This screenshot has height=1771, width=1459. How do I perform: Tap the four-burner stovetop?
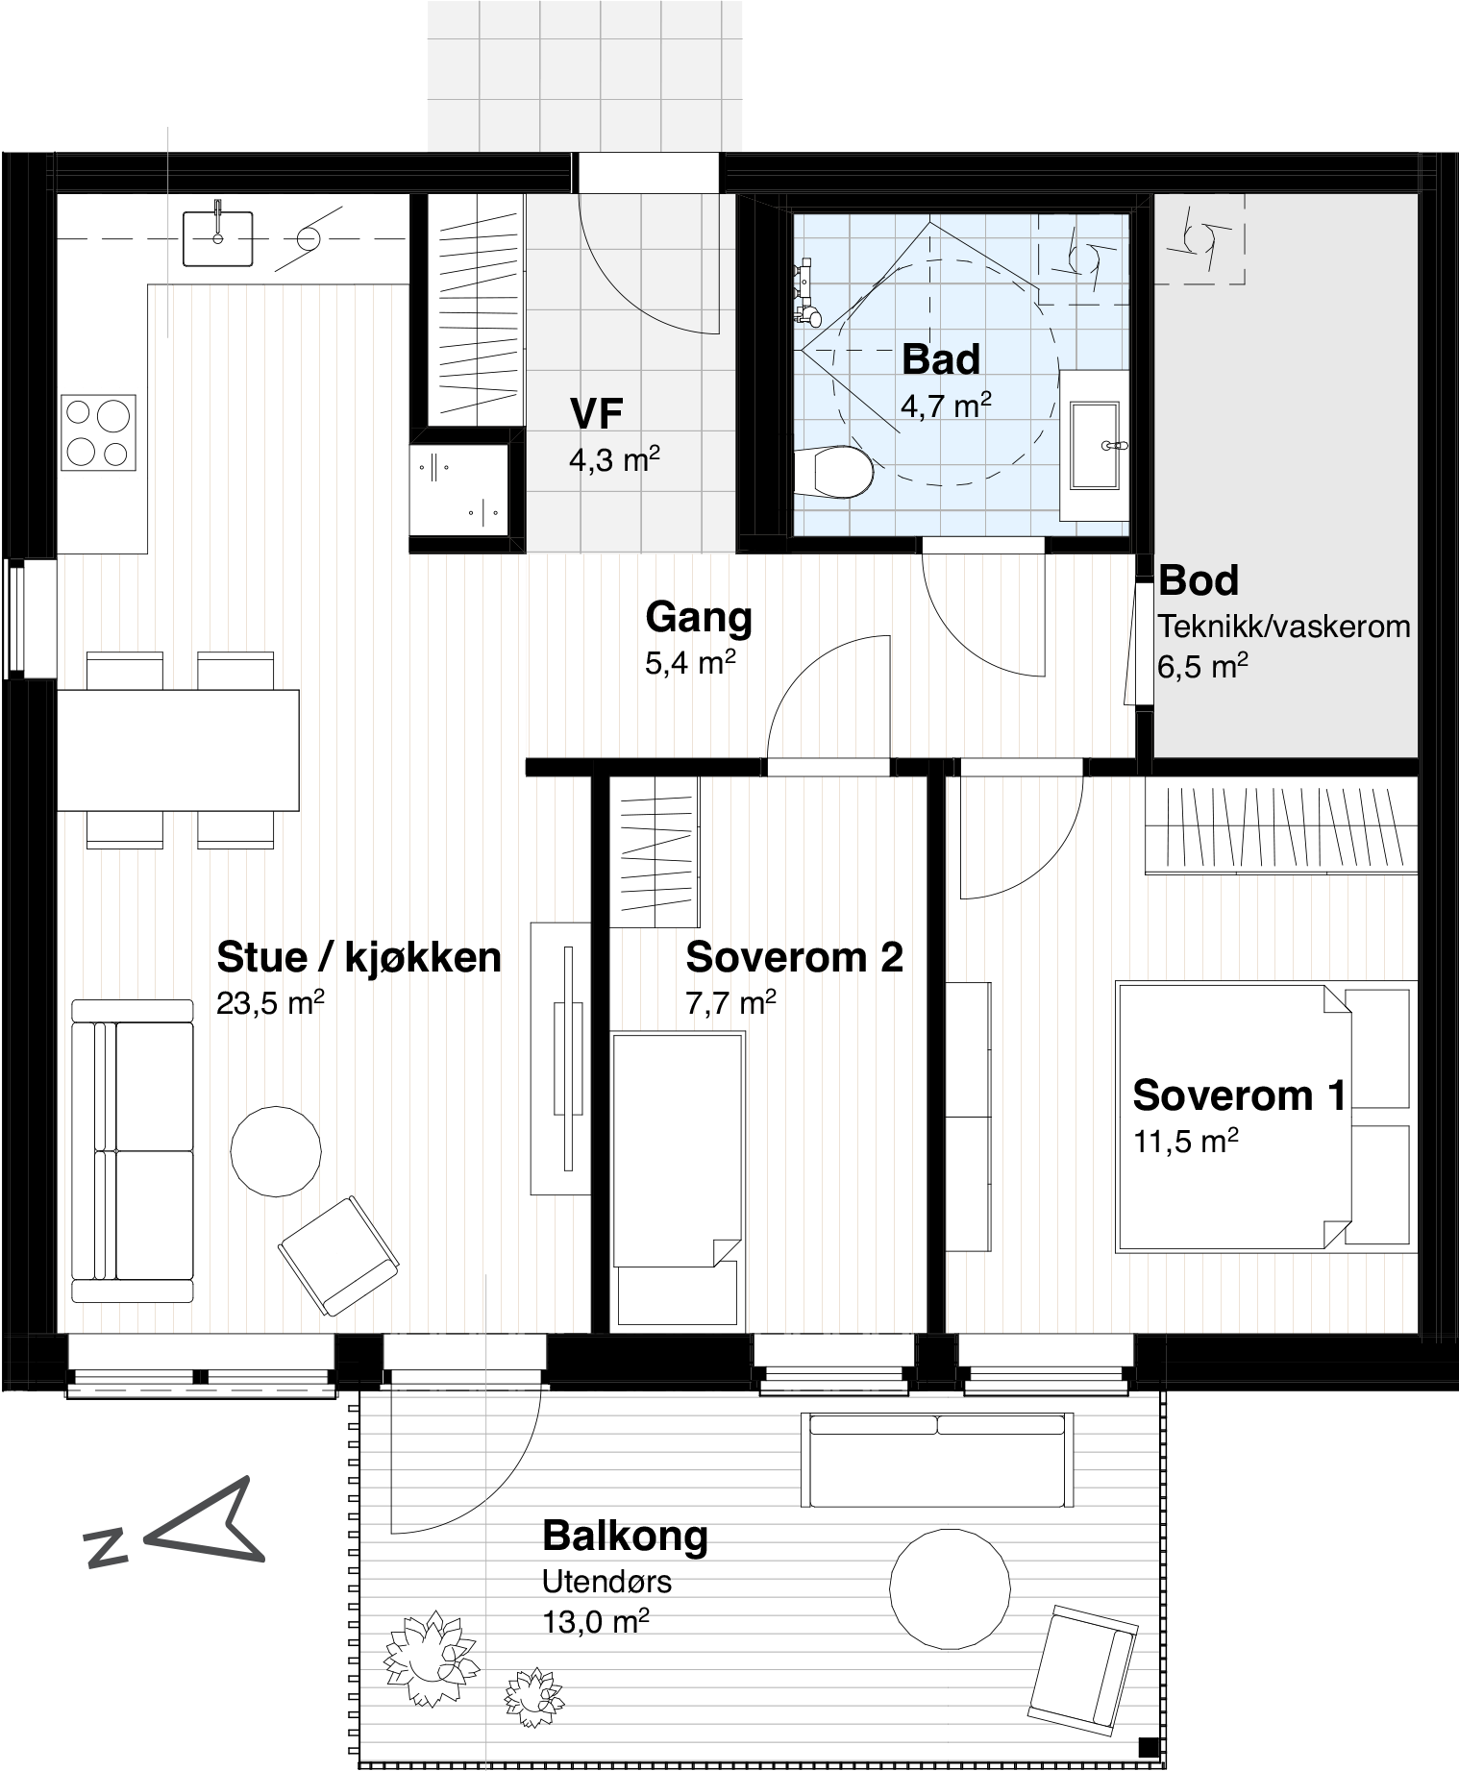(x=98, y=432)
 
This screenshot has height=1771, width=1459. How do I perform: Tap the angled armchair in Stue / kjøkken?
(x=338, y=1255)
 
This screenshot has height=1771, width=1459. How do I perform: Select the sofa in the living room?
(x=133, y=1150)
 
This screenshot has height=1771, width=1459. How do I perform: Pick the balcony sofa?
(x=936, y=1461)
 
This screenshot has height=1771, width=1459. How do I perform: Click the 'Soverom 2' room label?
(x=794, y=957)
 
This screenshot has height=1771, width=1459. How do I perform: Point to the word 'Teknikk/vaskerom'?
(x=1284, y=627)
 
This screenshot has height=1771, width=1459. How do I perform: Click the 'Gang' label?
(x=699, y=617)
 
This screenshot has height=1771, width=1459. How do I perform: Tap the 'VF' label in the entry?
(x=596, y=414)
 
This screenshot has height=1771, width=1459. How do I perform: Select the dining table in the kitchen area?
(x=178, y=750)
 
